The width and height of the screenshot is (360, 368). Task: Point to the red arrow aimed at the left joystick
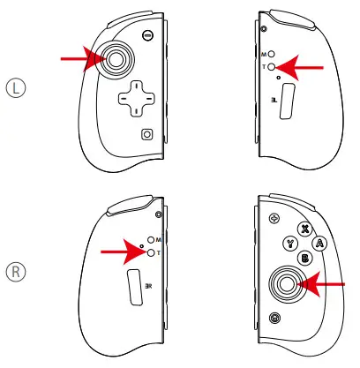79,59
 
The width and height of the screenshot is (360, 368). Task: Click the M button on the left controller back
274,53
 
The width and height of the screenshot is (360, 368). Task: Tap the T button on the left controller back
274,67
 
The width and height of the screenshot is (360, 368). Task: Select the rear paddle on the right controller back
135,288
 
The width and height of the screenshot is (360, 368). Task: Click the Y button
289,244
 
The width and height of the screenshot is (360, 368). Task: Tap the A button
320,244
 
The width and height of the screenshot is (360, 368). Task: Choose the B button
304,259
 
